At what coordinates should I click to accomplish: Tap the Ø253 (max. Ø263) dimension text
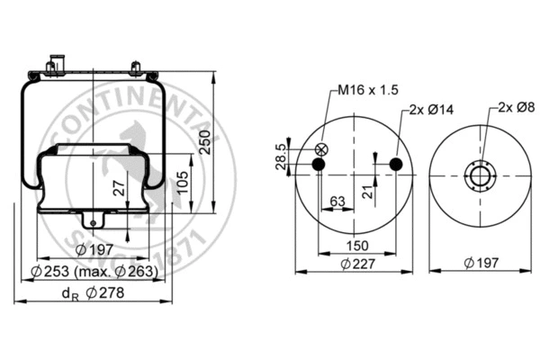pyautogui.click(x=95, y=270)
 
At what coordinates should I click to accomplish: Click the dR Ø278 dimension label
pyautogui.click(x=93, y=292)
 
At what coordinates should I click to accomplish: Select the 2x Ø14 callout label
pyautogui.click(x=430, y=109)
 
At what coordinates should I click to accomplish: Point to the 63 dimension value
pyautogui.click(x=337, y=202)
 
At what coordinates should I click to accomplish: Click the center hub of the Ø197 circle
pyautogui.click(x=481, y=175)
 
